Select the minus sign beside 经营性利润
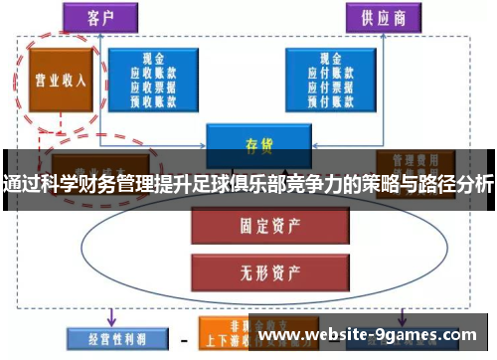[x=183, y=338]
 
